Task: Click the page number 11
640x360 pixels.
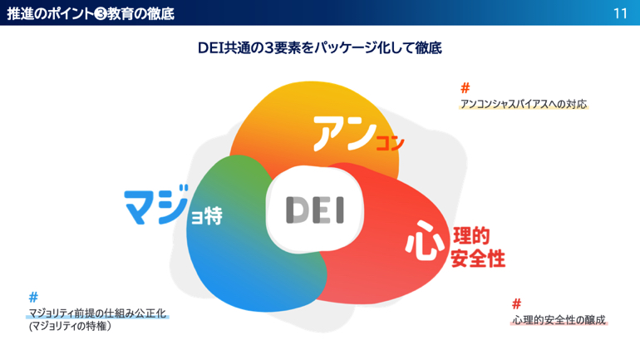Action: click(620, 13)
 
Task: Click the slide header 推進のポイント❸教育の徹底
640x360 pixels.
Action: click(91, 13)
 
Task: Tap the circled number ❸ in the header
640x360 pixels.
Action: click(101, 14)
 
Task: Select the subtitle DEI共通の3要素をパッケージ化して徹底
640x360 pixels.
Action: click(320, 47)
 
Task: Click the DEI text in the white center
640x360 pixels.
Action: click(315, 210)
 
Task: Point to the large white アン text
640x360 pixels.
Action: click(344, 133)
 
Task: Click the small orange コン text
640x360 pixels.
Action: click(390, 143)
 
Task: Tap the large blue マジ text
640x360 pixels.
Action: click(157, 205)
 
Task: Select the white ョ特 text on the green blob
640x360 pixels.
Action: click(207, 215)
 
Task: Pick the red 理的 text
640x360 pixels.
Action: click(471, 236)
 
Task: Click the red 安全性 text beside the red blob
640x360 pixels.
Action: click(478, 259)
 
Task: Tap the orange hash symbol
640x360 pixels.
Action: click(465, 88)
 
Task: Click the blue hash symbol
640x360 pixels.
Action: click(33, 297)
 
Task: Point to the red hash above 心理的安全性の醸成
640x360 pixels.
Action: click(516, 303)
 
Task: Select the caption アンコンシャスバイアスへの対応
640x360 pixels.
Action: click(524, 104)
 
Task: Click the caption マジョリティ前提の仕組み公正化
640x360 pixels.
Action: click(97, 313)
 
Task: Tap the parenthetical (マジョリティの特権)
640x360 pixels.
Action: click(70, 326)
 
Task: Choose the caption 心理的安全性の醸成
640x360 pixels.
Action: click(559, 320)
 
